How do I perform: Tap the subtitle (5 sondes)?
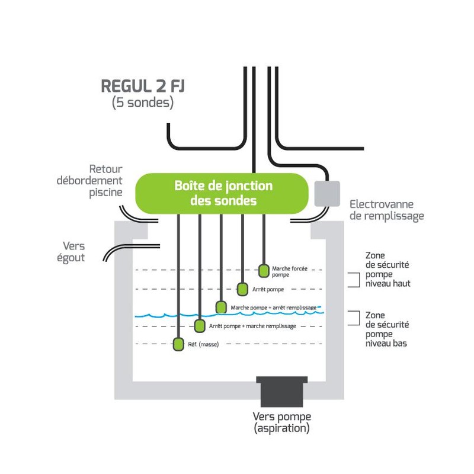(x=142, y=103)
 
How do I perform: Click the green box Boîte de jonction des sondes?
(x=223, y=193)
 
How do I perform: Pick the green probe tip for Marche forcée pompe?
(x=264, y=271)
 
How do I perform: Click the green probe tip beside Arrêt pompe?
(x=242, y=289)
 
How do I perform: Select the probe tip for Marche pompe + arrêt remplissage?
(x=221, y=307)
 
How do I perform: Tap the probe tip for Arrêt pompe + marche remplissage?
(x=200, y=325)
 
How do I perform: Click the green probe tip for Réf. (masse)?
(x=178, y=344)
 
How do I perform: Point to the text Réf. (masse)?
(x=203, y=345)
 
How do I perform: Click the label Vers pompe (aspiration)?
(x=281, y=421)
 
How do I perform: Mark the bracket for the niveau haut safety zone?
(x=354, y=280)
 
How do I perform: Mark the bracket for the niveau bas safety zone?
(x=354, y=318)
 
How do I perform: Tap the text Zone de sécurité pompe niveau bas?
(x=387, y=329)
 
